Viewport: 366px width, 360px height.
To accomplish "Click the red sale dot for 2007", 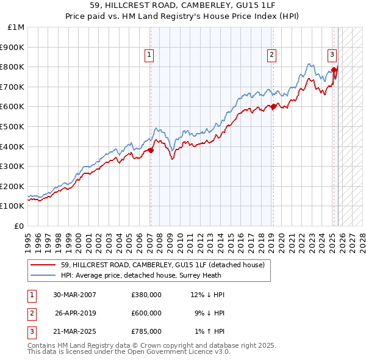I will click(151, 150).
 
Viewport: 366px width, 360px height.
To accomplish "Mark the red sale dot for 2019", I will click(273, 106).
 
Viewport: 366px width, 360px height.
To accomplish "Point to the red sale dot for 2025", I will click(334, 70).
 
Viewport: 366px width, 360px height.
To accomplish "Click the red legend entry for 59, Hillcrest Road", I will click(162, 265).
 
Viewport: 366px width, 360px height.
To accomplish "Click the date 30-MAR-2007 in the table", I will click(75, 295).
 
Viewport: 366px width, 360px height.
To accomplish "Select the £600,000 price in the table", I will click(146, 313).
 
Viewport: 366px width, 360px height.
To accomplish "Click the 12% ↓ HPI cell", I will click(207, 295).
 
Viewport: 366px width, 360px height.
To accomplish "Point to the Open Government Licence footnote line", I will click(129, 352).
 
